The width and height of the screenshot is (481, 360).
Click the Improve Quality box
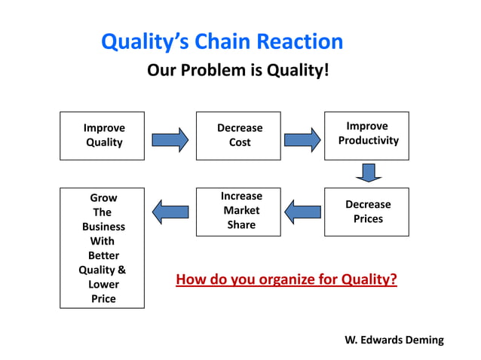pyautogui.click(x=102, y=136)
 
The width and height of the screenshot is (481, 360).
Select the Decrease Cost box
pyautogui.click(x=238, y=136)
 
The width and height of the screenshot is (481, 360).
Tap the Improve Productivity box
pyautogui.click(x=367, y=136)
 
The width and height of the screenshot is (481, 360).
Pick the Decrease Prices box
pyautogui.click(x=367, y=212)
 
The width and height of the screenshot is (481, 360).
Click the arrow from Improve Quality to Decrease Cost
pyautogui.click(x=170, y=139)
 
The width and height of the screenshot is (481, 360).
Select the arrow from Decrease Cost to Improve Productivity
pyautogui.click(x=302, y=139)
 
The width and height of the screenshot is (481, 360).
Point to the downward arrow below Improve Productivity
pyautogui.click(x=368, y=173)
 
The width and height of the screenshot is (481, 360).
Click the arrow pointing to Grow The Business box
pyautogui.click(x=170, y=211)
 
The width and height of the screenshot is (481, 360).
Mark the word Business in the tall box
pyautogui.click(x=103, y=227)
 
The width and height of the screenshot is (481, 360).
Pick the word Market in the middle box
pyautogui.click(x=241, y=210)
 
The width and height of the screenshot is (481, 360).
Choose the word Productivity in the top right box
pyautogui.click(x=368, y=141)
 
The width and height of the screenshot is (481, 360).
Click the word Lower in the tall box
pyautogui.click(x=103, y=285)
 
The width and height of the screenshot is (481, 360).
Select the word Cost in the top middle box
pyautogui.click(x=240, y=142)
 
